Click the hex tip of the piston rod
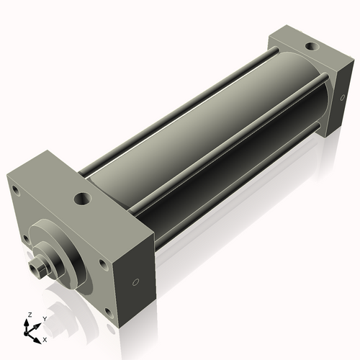[x=37, y=269]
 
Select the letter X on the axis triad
[x=45, y=338]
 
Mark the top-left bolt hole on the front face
[x=13, y=190]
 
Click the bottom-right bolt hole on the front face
[x=109, y=312]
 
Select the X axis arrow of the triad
[x=37, y=335]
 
